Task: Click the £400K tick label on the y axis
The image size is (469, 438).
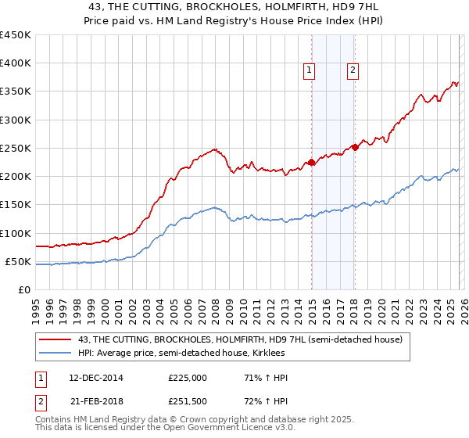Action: (15, 63)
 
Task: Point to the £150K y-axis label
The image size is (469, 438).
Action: (15, 205)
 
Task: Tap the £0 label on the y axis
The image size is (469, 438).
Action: (23, 289)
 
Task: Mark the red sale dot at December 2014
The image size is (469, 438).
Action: (311, 163)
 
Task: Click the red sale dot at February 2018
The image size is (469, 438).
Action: (355, 147)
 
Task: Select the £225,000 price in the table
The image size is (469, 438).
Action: (188, 378)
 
